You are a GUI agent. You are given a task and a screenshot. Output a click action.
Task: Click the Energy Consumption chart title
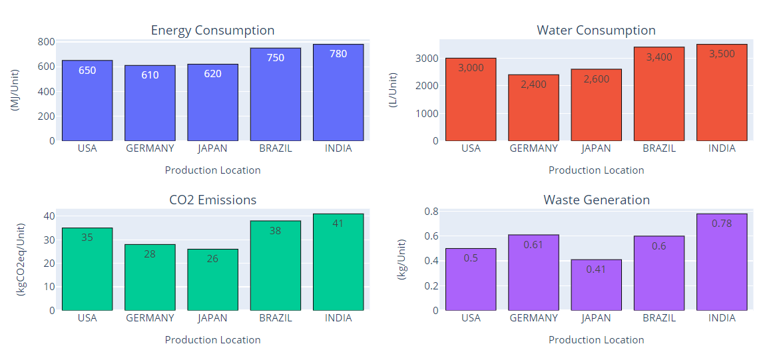pyautogui.click(x=212, y=31)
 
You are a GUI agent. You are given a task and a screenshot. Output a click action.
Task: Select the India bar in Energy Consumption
pyautogui.click(x=338, y=93)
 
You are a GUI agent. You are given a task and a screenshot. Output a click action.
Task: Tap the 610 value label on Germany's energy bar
pyautogui.click(x=150, y=75)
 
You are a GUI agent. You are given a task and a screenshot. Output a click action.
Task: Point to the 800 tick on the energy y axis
pyautogui.click(x=46, y=42)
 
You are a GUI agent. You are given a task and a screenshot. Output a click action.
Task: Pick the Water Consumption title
pyautogui.click(x=596, y=31)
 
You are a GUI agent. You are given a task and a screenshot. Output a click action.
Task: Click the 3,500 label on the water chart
pyautogui.click(x=722, y=54)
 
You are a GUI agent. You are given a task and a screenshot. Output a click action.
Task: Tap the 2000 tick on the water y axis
pyautogui.click(x=429, y=86)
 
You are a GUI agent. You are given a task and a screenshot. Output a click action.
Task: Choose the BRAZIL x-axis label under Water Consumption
pyautogui.click(x=659, y=148)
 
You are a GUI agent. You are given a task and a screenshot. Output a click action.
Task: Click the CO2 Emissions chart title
pyautogui.click(x=212, y=200)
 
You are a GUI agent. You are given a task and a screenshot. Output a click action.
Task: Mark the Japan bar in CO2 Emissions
pyautogui.click(x=212, y=279)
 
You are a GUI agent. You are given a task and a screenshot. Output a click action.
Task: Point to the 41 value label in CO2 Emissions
pyautogui.click(x=338, y=224)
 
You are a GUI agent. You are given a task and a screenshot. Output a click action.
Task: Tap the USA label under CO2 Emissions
pyautogui.click(x=87, y=318)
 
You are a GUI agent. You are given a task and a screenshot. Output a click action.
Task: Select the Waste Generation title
pyautogui.click(x=596, y=200)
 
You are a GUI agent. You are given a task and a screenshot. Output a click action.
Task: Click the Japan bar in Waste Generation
pyautogui.click(x=596, y=286)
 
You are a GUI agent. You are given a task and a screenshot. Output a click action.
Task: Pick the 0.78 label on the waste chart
pyautogui.click(x=722, y=224)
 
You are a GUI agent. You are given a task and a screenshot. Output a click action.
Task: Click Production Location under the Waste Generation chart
pyautogui.click(x=596, y=340)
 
